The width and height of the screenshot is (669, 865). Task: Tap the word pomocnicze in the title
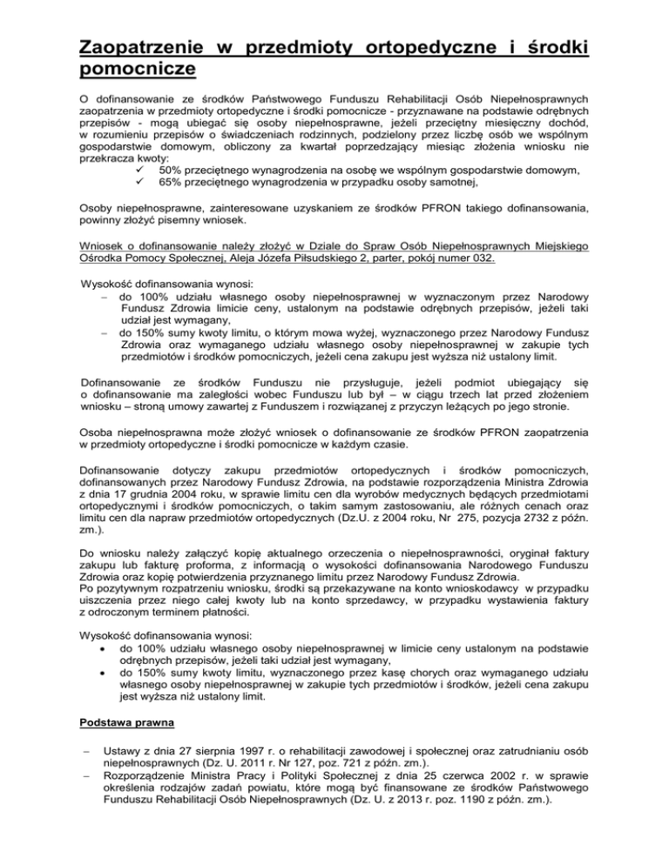click(x=132, y=66)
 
